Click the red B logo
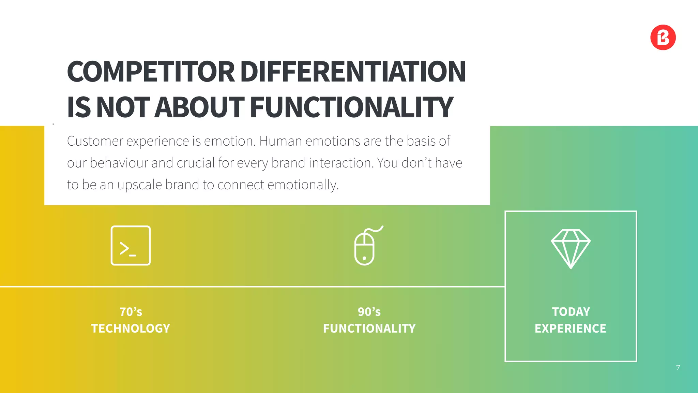point(663,38)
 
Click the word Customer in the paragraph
point(95,141)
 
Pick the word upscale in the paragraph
point(139,185)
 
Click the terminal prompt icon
point(131,246)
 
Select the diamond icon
point(571,248)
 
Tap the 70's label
point(131,312)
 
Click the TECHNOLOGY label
point(131,329)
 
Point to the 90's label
point(369,312)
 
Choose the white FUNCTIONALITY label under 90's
point(369,329)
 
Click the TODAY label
point(571,312)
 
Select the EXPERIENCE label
point(571,329)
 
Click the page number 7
point(678,367)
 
